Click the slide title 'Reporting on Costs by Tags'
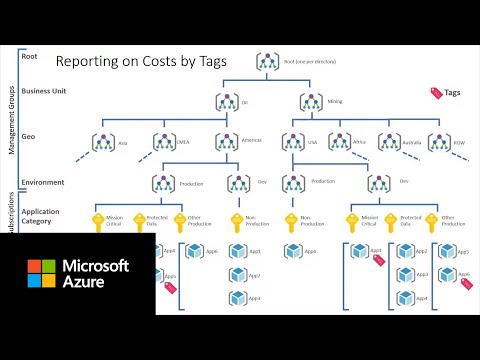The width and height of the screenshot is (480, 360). click(141, 62)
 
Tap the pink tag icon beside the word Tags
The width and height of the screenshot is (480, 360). click(435, 92)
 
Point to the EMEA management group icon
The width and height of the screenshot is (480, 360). click(163, 143)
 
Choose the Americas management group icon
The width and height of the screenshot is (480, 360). click(225, 143)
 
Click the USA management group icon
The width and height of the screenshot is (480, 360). click(293, 143)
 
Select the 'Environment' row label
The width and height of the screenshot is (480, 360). click(43, 182)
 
